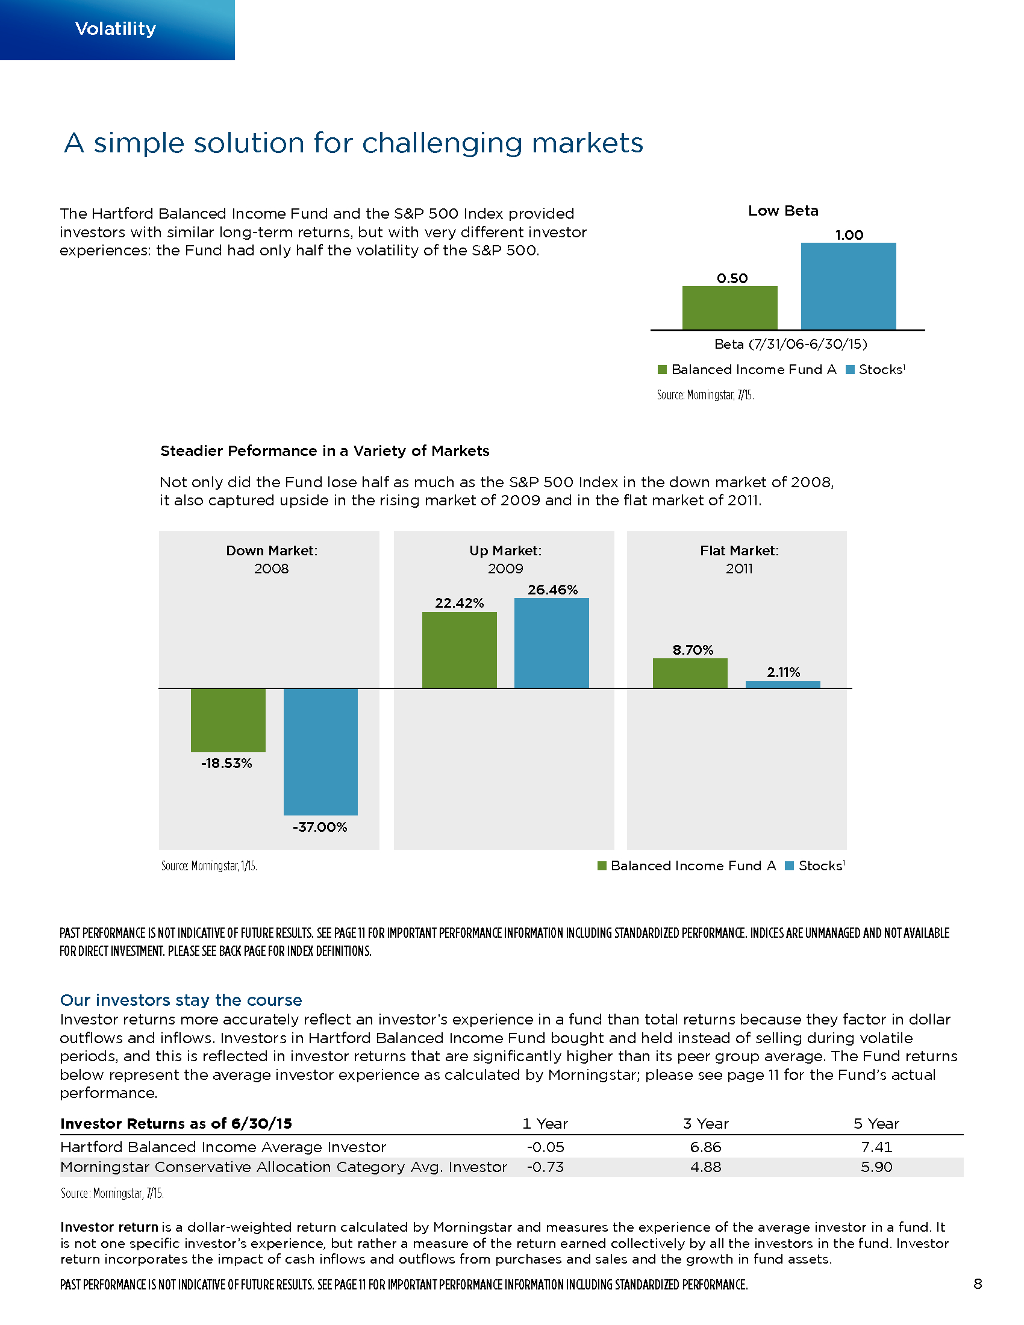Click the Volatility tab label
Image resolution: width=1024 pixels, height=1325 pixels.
click(115, 28)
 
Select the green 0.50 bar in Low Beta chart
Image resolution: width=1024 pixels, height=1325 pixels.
click(729, 308)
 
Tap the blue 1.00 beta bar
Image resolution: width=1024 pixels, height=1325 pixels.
click(848, 285)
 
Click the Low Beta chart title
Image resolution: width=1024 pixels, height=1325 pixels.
click(782, 211)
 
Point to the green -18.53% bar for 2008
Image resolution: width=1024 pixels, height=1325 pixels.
click(228, 720)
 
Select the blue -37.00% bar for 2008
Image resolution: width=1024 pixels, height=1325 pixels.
click(320, 752)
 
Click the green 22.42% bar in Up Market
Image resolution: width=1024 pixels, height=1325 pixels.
click(459, 650)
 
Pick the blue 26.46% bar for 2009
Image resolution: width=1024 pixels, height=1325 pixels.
click(551, 643)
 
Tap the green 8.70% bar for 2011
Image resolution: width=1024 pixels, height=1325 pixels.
click(690, 673)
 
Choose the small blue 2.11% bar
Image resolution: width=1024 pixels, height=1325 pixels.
click(782, 684)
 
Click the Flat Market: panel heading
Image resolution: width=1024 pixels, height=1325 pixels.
click(739, 550)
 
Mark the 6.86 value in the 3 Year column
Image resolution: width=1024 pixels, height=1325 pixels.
click(705, 1147)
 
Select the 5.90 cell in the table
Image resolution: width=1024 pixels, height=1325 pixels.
click(876, 1167)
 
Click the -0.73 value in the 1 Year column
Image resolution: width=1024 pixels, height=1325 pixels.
click(545, 1167)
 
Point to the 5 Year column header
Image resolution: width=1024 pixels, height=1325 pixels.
click(876, 1124)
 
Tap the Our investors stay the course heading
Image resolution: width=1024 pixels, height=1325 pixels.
click(181, 1000)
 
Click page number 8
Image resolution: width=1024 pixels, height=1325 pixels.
click(977, 1284)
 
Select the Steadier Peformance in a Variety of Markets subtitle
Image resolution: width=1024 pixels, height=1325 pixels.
click(325, 450)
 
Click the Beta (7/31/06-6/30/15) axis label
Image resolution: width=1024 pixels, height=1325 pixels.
click(790, 344)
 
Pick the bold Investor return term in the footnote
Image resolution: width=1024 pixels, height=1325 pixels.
click(109, 1227)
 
